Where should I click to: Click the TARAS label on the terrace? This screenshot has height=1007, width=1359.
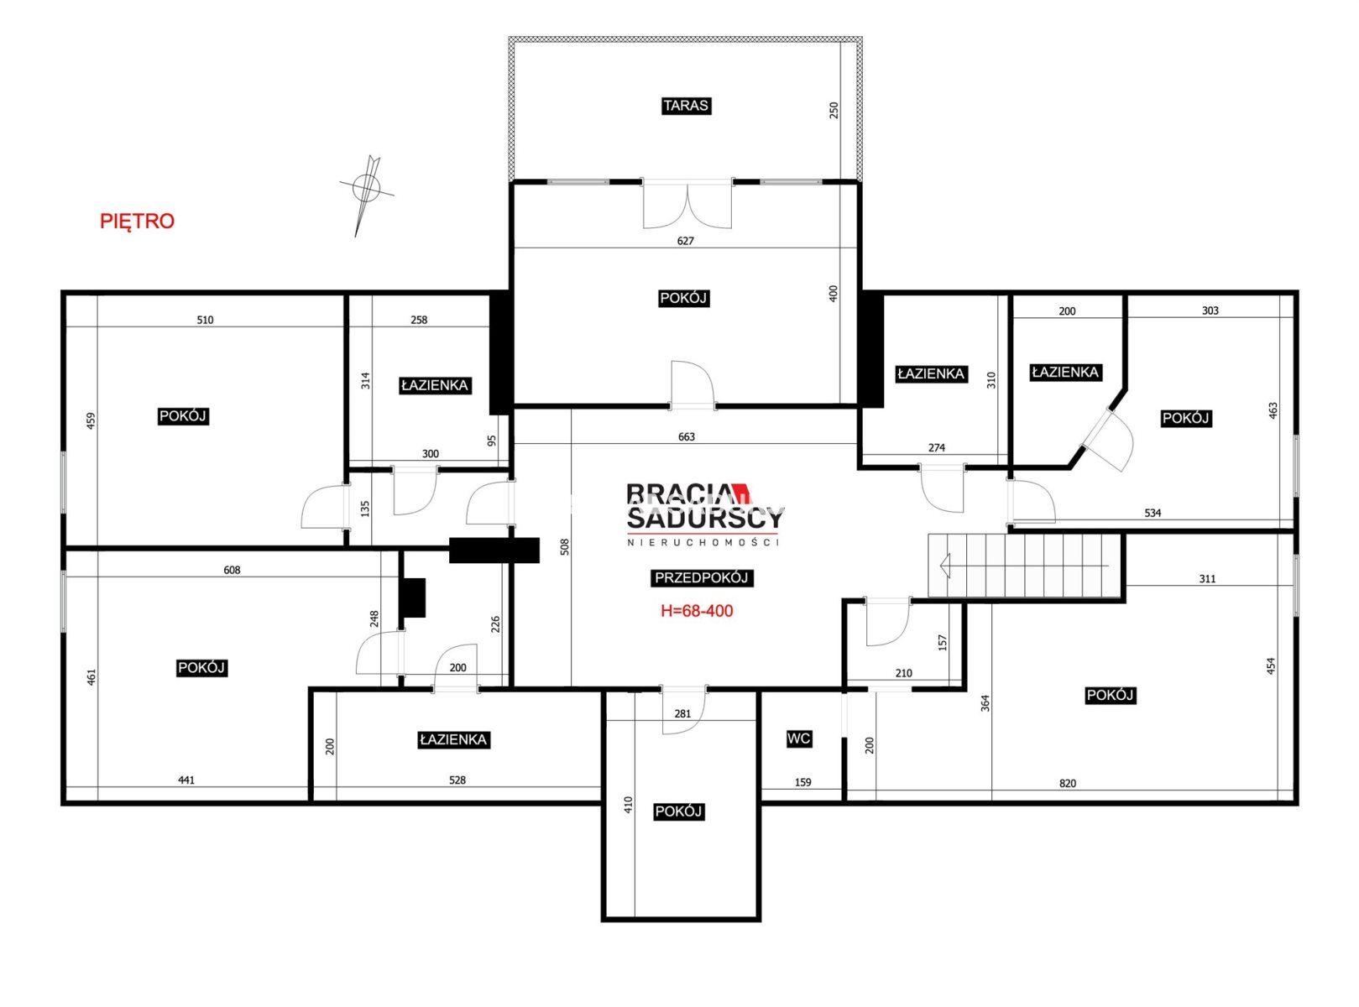pos(686,106)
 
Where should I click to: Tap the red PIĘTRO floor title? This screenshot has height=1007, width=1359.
pos(138,222)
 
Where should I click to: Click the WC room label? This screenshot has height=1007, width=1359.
pos(798,738)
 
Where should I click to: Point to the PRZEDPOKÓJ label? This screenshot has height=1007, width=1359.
pos(702,577)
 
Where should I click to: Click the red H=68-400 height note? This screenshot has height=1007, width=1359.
pos(697,611)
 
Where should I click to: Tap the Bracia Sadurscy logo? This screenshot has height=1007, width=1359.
pos(704,514)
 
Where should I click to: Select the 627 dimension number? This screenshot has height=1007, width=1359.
pos(685,241)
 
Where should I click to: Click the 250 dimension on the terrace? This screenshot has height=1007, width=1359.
pos(834,110)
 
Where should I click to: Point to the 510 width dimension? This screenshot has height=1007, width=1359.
pos(205,320)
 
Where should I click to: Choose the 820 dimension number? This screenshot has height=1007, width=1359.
pos(1068,783)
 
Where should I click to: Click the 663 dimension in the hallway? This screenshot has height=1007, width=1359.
pos(687,436)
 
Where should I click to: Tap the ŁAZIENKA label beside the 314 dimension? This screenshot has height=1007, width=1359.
pos(435,385)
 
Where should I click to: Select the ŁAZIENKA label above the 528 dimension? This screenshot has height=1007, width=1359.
pos(453,739)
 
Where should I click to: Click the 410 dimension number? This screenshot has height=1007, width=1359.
pos(628,805)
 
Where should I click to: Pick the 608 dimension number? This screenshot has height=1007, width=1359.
pos(232,571)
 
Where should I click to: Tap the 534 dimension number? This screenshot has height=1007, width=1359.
pos(1153,513)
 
